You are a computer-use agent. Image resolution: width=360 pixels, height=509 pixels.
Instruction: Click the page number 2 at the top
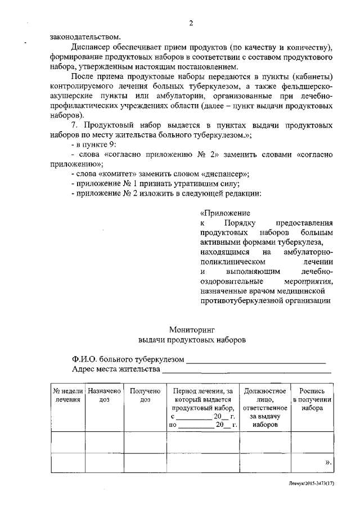[191, 23]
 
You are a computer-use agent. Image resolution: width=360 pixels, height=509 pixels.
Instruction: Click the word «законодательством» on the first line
[80, 37]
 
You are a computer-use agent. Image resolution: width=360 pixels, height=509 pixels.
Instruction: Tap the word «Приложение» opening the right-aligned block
[225, 213]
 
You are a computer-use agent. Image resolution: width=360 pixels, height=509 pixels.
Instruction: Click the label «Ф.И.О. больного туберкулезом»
[128, 359]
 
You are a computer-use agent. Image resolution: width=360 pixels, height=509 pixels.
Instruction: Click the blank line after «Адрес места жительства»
[246, 370]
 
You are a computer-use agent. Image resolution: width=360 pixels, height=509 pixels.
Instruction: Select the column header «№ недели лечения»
[67, 395]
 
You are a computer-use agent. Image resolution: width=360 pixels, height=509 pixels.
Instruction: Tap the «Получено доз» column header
[145, 395]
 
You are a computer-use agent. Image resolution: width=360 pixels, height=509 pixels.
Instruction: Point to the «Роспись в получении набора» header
[312, 399]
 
